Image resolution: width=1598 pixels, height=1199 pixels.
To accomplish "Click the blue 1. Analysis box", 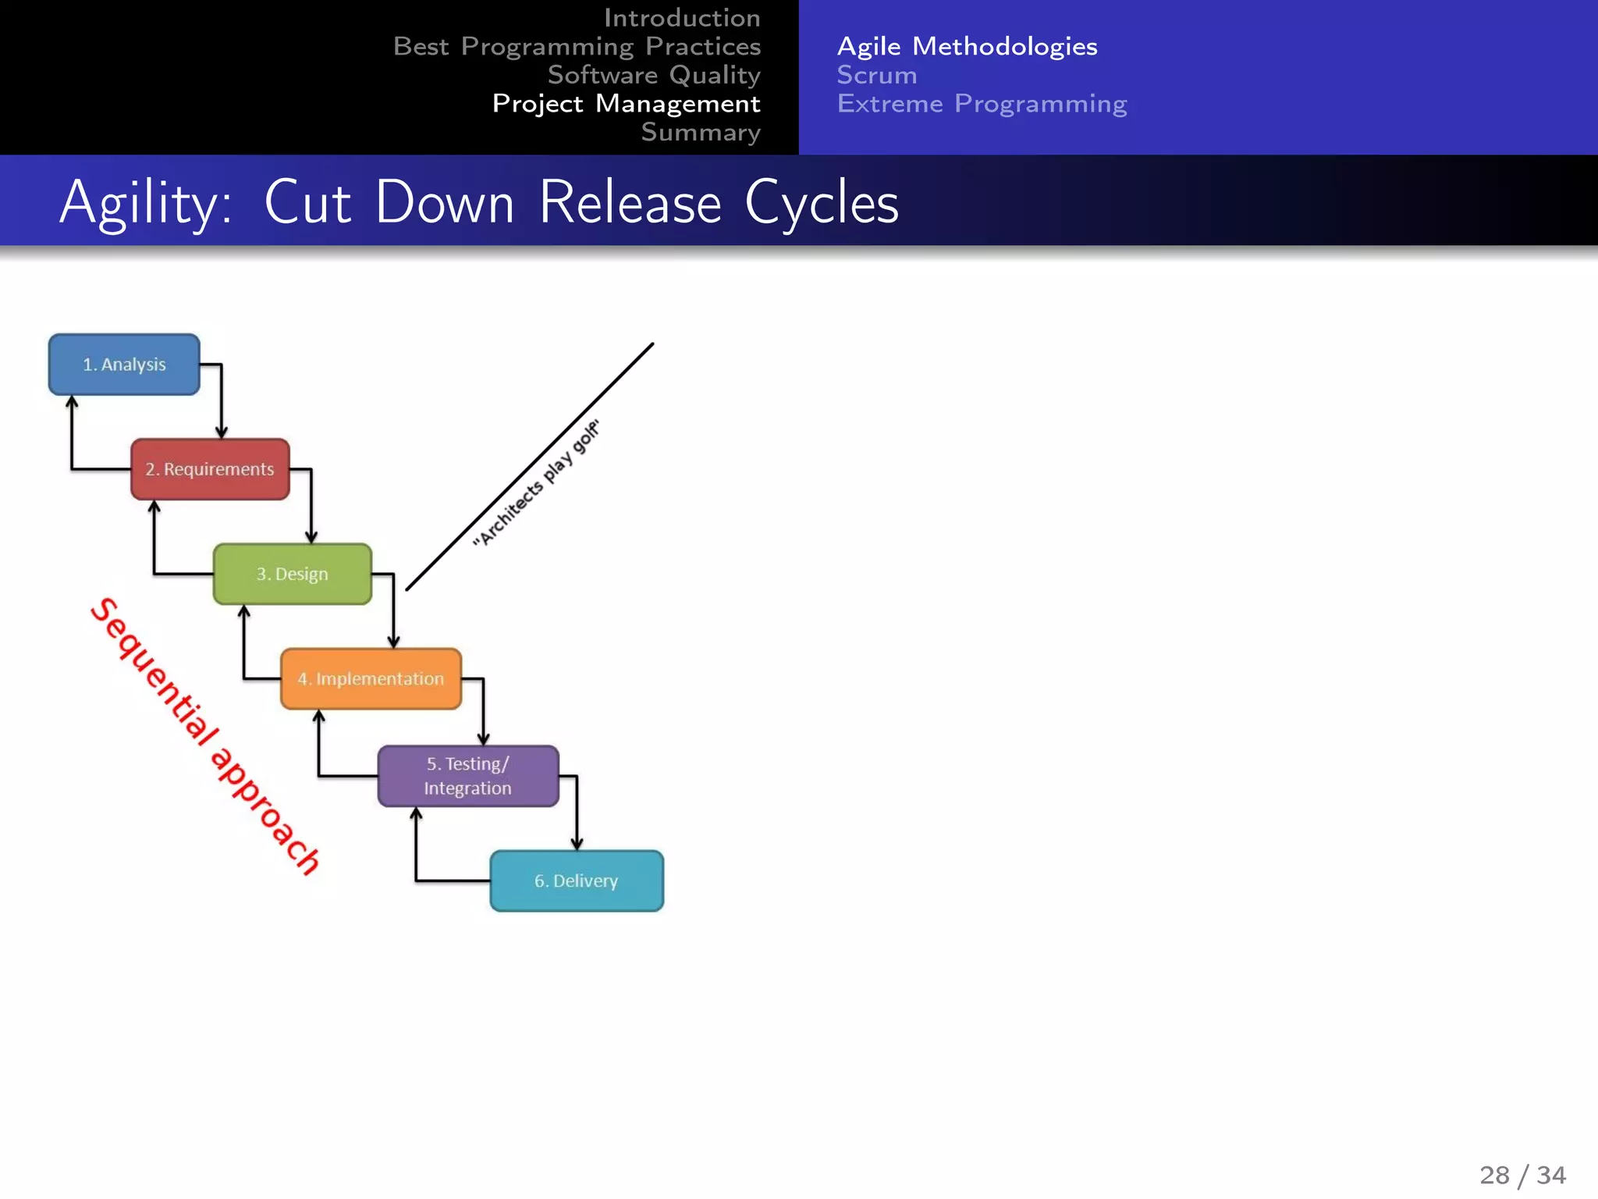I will point(124,365).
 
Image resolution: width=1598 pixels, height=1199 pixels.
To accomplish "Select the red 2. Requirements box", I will point(210,469).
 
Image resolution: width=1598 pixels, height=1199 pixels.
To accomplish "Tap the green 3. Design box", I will point(293,574).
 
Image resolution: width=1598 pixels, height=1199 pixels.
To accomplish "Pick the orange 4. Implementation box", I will point(371,679).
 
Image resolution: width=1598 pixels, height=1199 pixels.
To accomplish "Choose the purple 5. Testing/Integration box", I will point(468,776).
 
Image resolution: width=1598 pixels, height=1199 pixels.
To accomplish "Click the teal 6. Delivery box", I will point(577,881).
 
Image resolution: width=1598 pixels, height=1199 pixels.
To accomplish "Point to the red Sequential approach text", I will point(204,735).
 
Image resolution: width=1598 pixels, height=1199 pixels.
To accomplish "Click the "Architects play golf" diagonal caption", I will point(536,483).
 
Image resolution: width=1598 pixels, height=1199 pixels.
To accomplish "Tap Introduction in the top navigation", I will point(681,17).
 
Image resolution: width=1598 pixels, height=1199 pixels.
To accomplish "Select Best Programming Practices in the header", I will point(577,46).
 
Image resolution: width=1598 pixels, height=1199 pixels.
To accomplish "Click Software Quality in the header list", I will point(653,75).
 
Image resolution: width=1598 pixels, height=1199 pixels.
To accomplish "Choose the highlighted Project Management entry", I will point(626,103).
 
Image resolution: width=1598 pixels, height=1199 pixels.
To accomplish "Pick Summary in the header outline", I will point(700,132).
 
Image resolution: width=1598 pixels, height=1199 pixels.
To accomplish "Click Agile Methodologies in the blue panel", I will point(967,46).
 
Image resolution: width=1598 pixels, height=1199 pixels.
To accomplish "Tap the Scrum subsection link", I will point(876,75).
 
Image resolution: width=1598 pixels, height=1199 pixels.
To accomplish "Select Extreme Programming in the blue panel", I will point(982,103).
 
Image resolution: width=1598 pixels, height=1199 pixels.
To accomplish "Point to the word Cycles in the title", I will point(821,203).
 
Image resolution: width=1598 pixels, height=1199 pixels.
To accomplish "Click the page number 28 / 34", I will point(1522,1175).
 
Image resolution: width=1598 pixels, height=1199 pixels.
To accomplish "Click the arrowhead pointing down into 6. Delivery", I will point(577,844).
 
